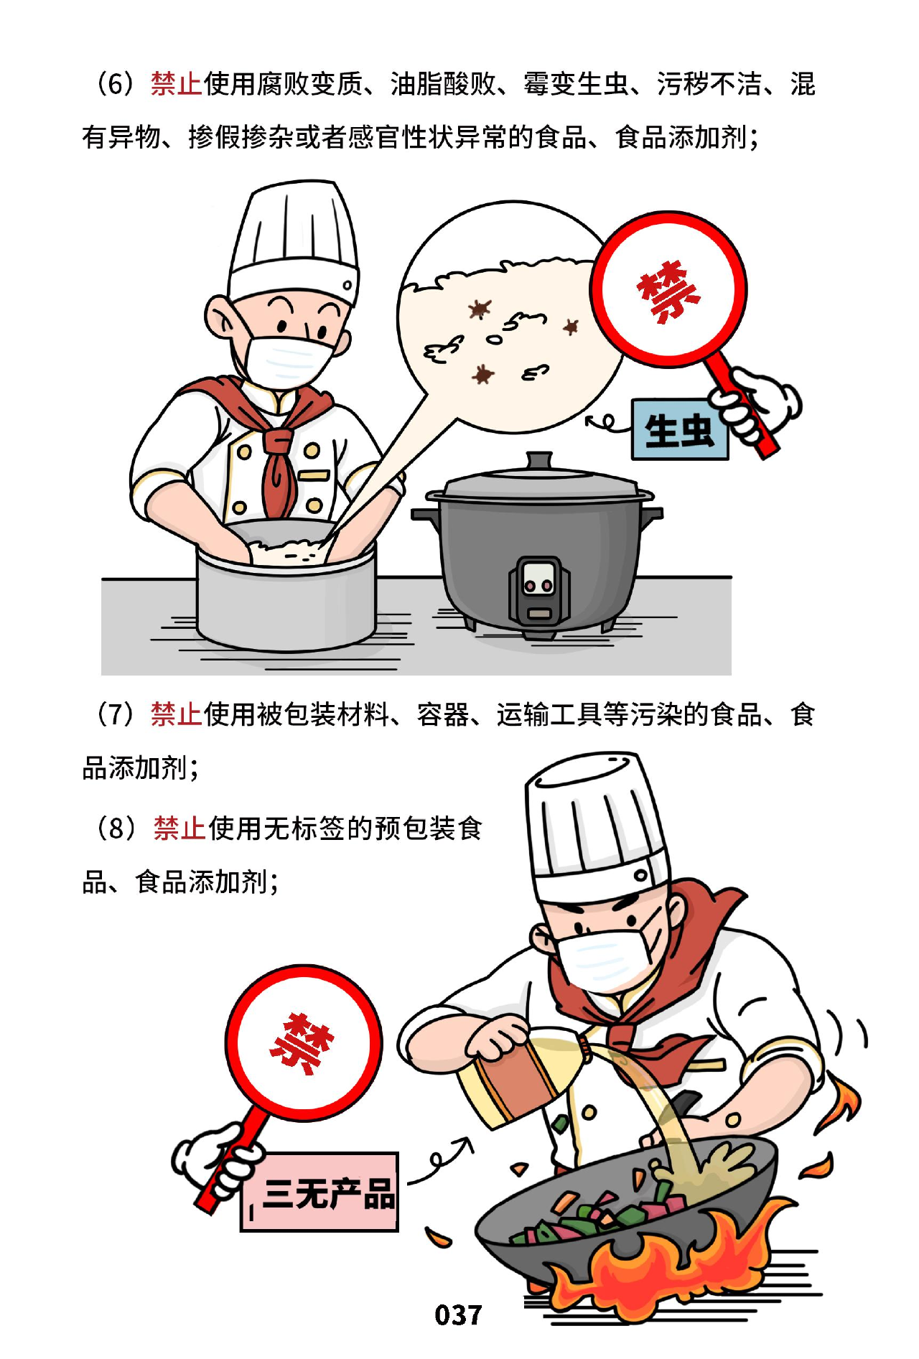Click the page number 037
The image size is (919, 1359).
point(458,1314)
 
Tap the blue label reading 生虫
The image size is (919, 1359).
point(680,429)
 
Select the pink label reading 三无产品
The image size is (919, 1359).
point(319,1192)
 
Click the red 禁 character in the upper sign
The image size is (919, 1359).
point(668,291)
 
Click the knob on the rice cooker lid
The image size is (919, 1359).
point(538,459)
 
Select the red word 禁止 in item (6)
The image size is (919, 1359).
point(177,84)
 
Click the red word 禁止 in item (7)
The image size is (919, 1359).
point(177,714)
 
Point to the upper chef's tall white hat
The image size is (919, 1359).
point(293,240)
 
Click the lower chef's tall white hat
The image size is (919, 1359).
point(596,826)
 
